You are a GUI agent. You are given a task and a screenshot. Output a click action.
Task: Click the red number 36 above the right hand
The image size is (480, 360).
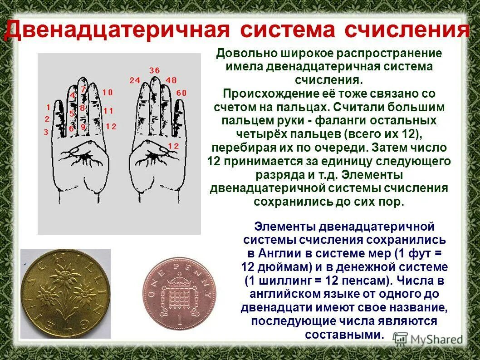[154, 70]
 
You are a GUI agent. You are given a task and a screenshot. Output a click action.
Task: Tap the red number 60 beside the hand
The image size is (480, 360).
[181, 93]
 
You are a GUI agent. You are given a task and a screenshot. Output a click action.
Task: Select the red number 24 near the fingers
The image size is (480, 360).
[135, 80]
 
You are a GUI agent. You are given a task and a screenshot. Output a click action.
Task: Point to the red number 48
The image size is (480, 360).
[171, 80]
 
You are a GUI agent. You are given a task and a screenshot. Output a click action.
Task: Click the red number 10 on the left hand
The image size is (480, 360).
[107, 93]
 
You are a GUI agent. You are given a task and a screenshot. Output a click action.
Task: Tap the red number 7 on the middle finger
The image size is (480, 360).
[83, 89]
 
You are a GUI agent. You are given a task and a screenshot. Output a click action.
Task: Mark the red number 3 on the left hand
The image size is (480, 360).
[46, 132]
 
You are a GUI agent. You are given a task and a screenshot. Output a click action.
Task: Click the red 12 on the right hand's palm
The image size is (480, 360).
[173, 146]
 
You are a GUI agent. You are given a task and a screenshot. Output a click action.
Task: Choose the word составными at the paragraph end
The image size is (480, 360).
[344, 335]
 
